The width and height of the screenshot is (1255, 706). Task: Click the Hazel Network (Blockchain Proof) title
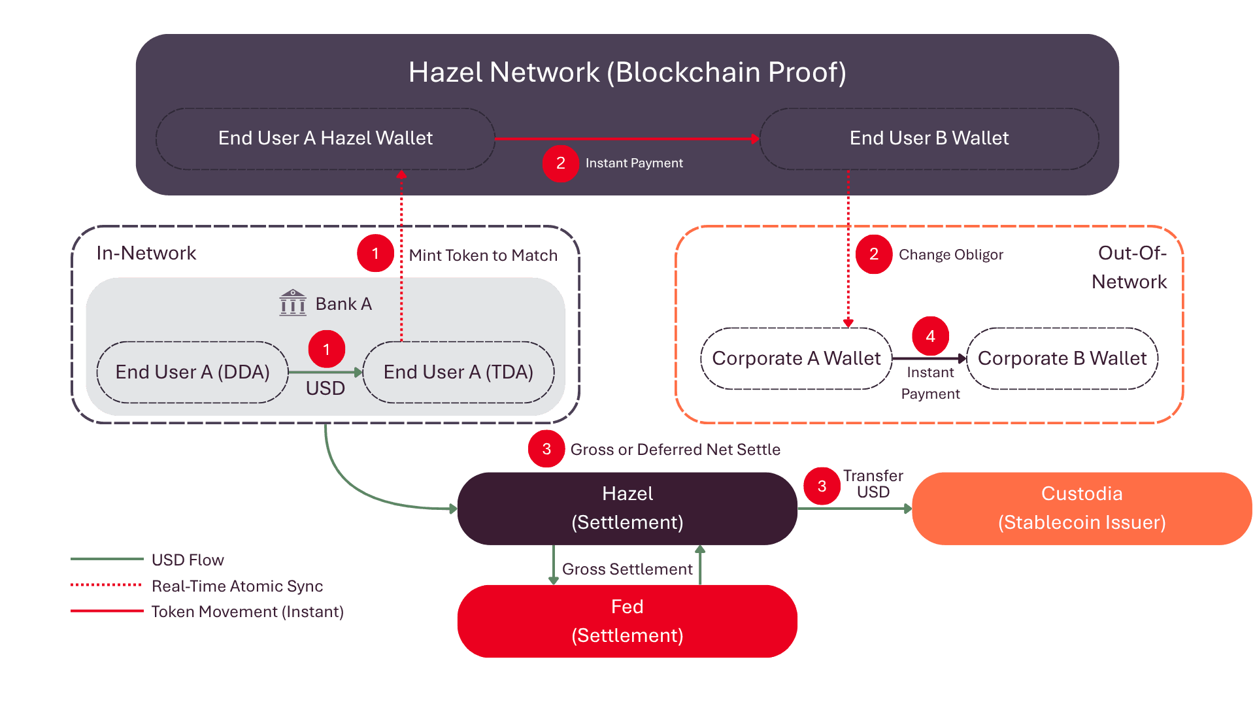point(627,72)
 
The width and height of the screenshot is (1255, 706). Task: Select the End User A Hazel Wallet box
point(326,139)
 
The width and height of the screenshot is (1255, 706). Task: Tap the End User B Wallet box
point(929,139)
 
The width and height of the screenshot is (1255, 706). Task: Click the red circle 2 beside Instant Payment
point(561,163)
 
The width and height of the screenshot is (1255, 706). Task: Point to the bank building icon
point(293,303)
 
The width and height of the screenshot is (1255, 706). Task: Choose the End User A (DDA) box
point(193,372)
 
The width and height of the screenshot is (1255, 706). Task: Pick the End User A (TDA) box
point(458,372)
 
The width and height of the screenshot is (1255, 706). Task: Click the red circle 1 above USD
point(327,349)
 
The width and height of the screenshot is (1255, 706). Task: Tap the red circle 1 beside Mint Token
point(375,253)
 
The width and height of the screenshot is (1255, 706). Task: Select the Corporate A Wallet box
point(796,358)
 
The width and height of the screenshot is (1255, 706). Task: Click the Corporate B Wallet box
point(1062,358)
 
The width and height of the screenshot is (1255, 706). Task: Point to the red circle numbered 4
point(931,336)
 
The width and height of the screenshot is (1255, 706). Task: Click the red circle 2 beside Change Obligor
point(874,254)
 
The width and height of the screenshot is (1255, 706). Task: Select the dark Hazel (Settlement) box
point(627,509)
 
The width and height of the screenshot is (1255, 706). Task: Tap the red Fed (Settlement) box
point(627,621)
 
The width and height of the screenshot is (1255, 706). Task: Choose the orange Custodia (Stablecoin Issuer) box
point(1082,509)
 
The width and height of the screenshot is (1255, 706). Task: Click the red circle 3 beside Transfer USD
point(822,486)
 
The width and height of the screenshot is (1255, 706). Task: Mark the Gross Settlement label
point(627,569)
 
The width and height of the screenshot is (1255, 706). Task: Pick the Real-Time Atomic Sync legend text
point(237,586)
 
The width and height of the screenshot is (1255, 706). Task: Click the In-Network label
point(146,253)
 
